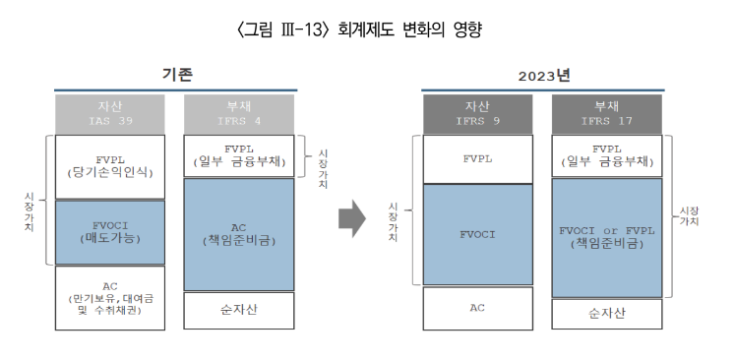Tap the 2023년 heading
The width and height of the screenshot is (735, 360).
pyautogui.click(x=544, y=76)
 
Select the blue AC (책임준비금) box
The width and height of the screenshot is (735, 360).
pyautogui.click(x=239, y=234)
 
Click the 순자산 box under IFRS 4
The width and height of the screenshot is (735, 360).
pyautogui.click(x=239, y=310)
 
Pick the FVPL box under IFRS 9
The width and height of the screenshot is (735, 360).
pyautogui.click(x=477, y=157)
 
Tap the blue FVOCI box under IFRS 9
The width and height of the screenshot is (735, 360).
pyautogui.click(x=477, y=235)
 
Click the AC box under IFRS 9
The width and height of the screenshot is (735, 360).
pyautogui.click(x=477, y=308)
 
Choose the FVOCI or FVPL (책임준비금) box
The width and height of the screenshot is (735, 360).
pyautogui.click(x=605, y=238)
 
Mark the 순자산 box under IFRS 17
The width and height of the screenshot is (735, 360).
pyautogui.click(x=605, y=315)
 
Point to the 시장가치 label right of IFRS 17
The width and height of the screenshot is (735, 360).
pyautogui.click(x=689, y=216)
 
